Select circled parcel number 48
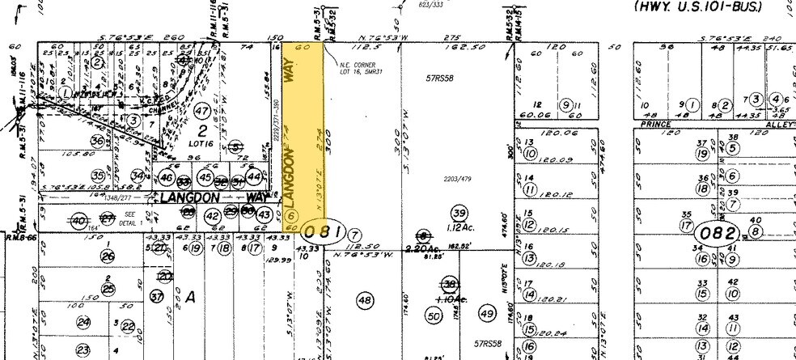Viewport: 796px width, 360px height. pyautogui.click(x=364, y=300)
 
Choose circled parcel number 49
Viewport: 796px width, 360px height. pyautogui.click(x=487, y=313)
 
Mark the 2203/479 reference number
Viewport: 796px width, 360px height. pyautogui.click(x=459, y=179)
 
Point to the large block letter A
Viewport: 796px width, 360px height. pyautogui.click(x=192, y=297)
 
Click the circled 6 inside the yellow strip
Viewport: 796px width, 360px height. pyautogui.click(x=293, y=216)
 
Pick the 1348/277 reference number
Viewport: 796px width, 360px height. pyautogui.click(x=119, y=196)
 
